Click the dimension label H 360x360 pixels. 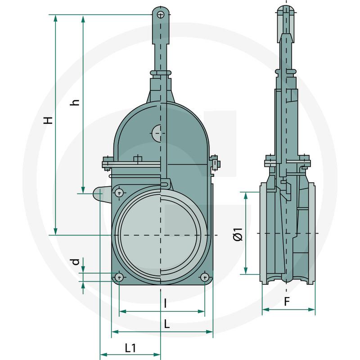[x=48, y=120]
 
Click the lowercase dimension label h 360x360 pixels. [x=76, y=102]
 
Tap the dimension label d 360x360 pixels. [x=76, y=261]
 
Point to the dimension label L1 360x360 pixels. [x=130, y=347]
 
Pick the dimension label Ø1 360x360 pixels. [x=238, y=234]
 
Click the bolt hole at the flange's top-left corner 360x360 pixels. [x=119, y=193]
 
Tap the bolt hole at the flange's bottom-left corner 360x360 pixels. [x=119, y=277]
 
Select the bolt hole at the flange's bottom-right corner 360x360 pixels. [x=205, y=277]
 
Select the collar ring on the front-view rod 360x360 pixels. [x=161, y=72]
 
